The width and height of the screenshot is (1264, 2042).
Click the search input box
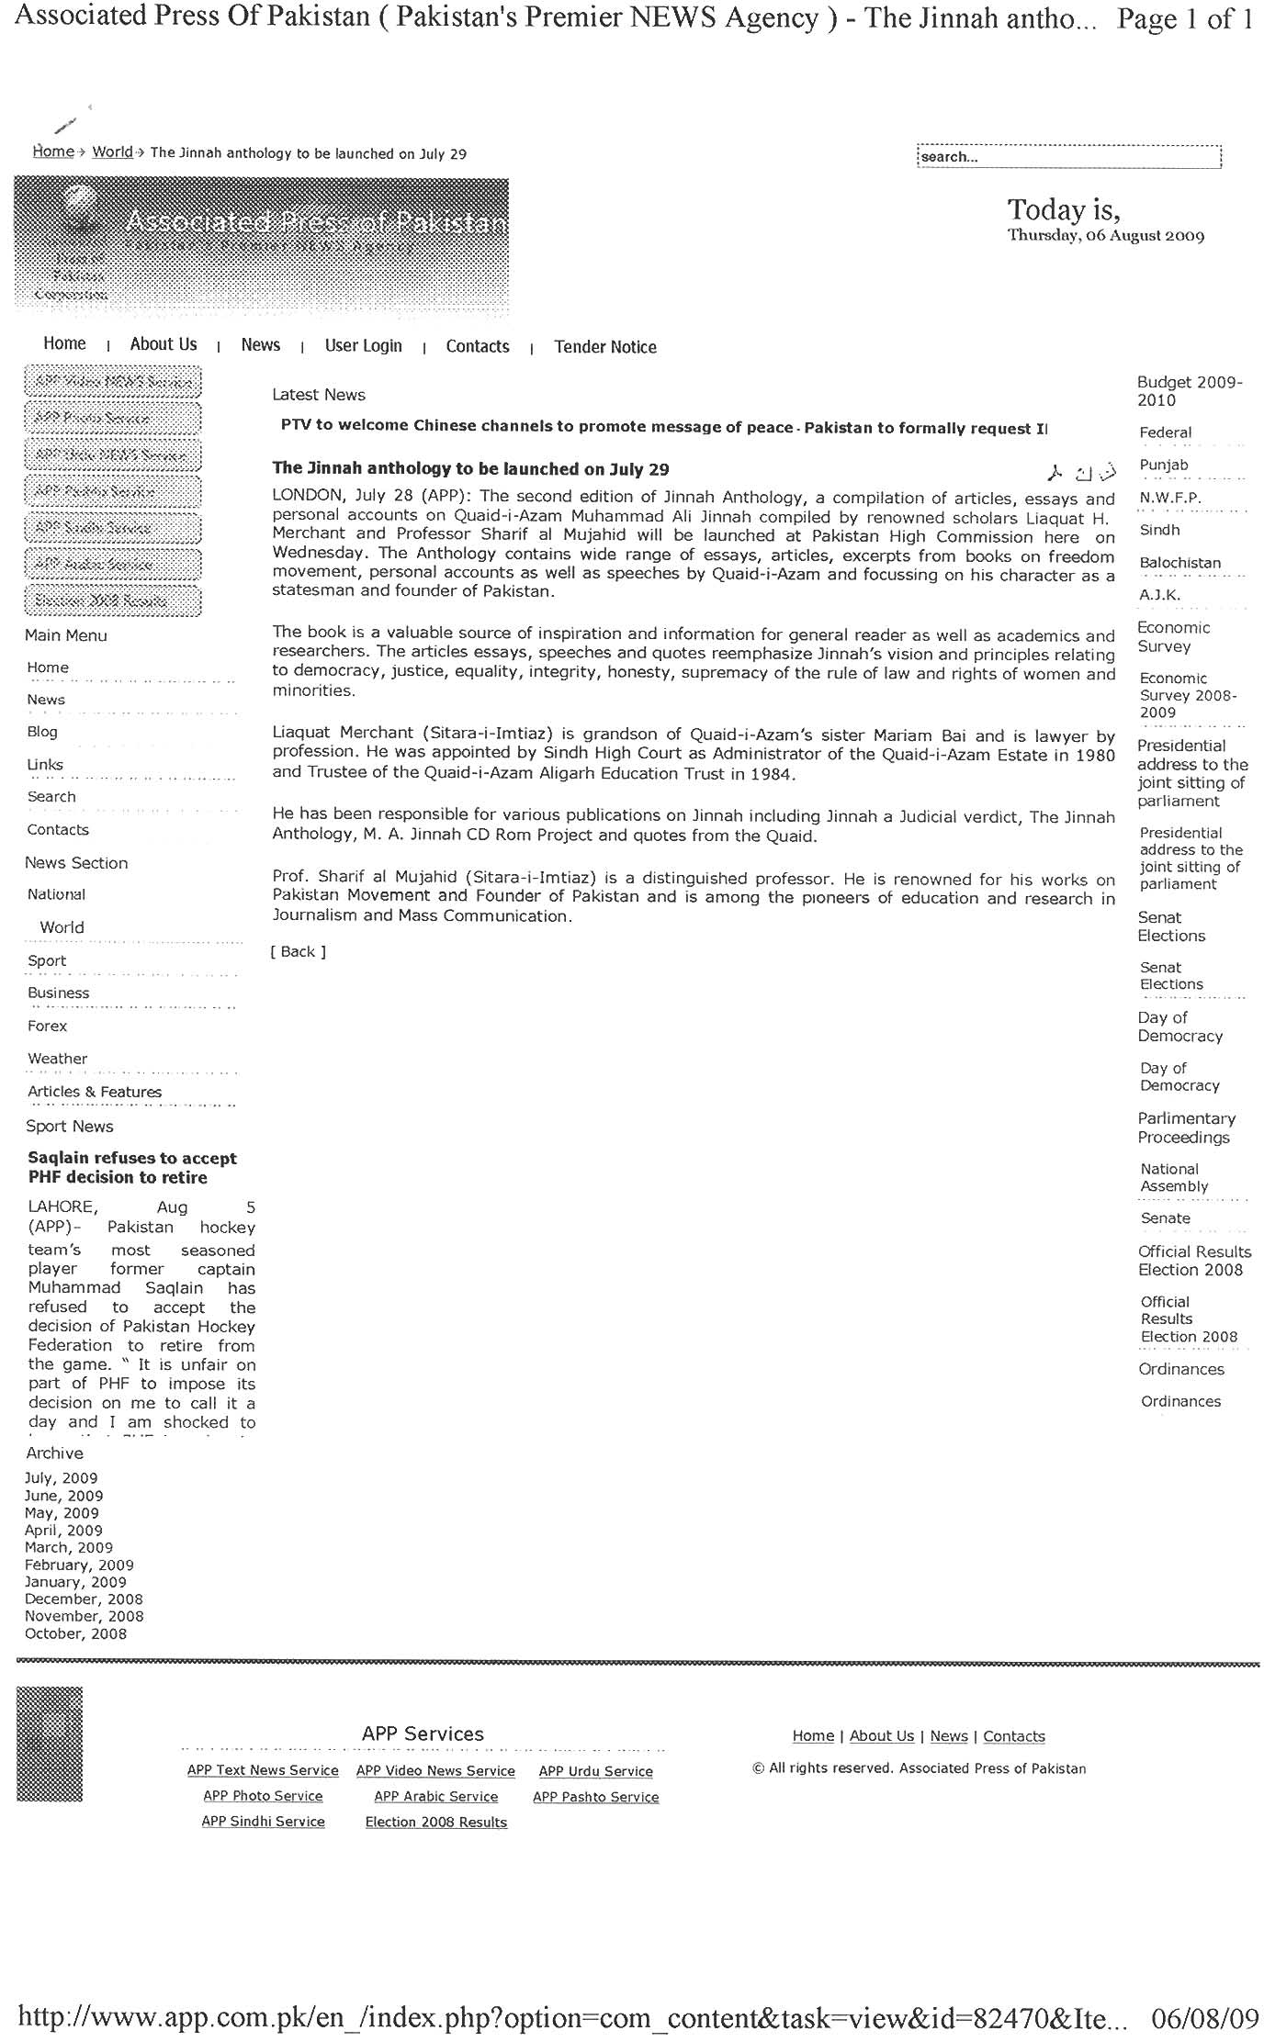[x=1067, y=157]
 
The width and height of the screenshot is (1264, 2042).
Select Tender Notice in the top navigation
[x=605, y=347]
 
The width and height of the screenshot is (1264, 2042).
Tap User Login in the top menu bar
[x=363, y=346]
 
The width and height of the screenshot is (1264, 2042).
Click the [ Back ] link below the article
[x=298, y=952]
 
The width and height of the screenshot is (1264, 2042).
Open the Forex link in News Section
[x=48, y=1027]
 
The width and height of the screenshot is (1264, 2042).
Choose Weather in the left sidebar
[x=58, y=1059]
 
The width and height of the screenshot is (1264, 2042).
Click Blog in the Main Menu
[x=42, y=732]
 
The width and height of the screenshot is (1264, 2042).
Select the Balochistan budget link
[x=1179, y=563]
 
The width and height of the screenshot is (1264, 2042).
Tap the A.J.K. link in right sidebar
[x=1159, y=595]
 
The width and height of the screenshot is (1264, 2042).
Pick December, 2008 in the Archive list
[x=84, y=1599]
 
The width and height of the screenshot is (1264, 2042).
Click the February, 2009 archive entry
[x=79, y=1565]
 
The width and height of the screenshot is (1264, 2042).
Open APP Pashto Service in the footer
[x=595, y=1797]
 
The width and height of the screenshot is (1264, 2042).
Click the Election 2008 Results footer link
[x=436, y=1823]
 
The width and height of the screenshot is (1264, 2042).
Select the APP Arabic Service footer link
[x=436, y=1797]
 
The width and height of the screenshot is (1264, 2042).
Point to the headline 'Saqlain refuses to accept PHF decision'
[x=131, y=1168]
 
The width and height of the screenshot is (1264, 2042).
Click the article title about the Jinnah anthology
[x=470, y=469]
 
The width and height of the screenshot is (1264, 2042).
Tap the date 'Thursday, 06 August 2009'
[x=1105, y=236]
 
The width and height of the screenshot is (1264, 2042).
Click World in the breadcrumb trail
[x=112, y=152]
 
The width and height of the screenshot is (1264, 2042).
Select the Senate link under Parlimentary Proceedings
[x=1165, y=1218]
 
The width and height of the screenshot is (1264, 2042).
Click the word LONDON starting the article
[x=305, y=497]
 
